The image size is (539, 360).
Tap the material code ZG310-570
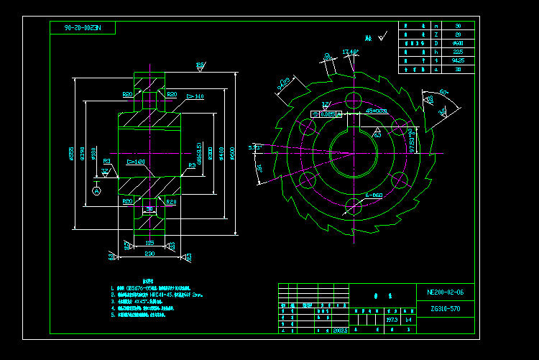[446, 308]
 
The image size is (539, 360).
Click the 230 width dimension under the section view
[149, 254]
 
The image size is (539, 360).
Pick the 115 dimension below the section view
[149, 243]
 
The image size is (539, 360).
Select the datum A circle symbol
[97, 191]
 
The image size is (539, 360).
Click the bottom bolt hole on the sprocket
[353, 208]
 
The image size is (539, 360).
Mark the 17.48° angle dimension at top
[351, 52]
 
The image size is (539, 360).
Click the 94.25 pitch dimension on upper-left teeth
[282, 85]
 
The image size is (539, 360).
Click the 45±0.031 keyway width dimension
[377, 111]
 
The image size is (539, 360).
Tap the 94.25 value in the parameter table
[459, 61]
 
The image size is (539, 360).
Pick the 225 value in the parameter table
[459, 52]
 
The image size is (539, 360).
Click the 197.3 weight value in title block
[392, 318]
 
